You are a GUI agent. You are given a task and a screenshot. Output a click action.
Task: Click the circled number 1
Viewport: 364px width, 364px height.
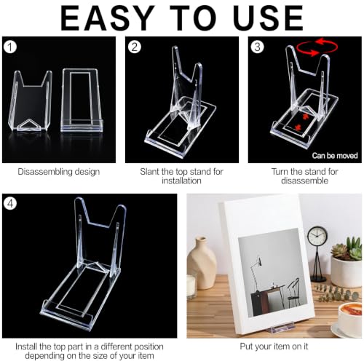[10, 47]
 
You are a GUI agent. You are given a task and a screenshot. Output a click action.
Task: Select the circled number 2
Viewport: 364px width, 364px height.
[135, 47]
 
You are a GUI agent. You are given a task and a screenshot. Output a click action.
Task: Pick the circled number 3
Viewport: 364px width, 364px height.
[257, 47]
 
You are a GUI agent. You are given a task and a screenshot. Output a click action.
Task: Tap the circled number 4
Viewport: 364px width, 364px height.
[10, 203]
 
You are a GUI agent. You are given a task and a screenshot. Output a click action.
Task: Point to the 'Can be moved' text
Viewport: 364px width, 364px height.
[335, 156]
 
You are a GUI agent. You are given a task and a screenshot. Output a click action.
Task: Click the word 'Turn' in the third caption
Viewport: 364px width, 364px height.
[280, 172]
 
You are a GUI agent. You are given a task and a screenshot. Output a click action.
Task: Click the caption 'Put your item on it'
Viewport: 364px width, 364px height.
[274, 347]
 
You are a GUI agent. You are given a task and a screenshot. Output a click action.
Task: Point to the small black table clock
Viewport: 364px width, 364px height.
[317, 254]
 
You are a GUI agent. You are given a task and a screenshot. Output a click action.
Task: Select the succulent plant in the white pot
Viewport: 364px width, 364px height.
[347, 262]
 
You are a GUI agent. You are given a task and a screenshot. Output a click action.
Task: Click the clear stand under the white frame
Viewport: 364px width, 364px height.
[282, 328]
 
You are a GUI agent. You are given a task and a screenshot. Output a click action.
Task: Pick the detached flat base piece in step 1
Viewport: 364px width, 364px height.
[82, 100]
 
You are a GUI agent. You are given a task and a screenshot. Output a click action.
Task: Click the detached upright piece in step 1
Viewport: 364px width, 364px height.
[30, 100]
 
